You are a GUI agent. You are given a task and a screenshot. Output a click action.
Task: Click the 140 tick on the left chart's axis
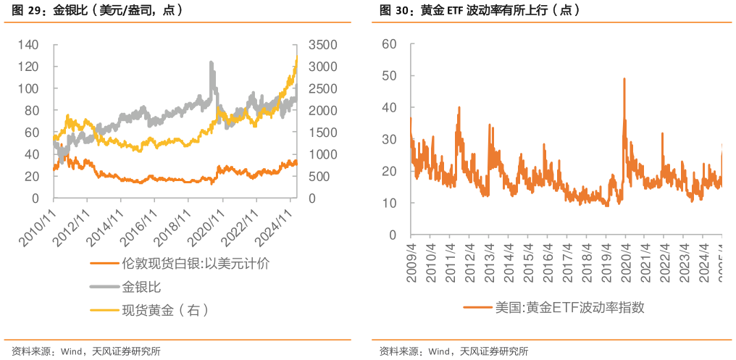tap(28, 45)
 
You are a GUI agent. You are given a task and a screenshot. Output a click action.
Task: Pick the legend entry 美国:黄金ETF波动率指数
tap(569, 307)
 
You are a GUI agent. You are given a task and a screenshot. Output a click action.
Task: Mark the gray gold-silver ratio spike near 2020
tap(212, 63)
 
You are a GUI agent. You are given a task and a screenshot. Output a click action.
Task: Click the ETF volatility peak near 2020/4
tap(624, 79)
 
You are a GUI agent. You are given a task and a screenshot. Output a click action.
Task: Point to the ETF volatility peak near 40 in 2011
tap(459, 108)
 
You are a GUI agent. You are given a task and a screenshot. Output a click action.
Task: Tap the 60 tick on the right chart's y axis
tap(389, 43)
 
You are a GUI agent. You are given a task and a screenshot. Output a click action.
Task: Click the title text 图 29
tap(24, 11)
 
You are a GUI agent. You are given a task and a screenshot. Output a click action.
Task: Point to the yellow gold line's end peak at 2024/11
tap(296, 59)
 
